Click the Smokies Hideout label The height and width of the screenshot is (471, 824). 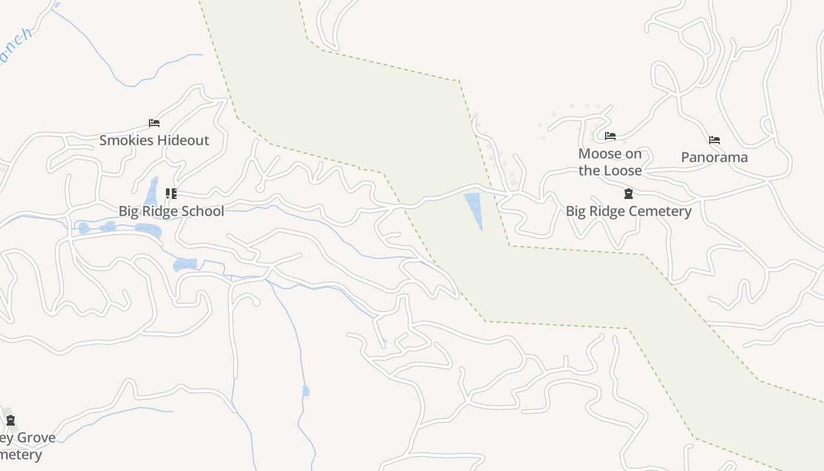154,140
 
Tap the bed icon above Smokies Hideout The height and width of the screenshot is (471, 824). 154,123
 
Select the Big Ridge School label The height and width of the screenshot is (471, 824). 171,211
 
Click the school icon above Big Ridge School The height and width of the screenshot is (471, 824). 171,194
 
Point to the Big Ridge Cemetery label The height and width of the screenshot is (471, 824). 629,211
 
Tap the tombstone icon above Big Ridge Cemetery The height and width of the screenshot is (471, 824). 629,194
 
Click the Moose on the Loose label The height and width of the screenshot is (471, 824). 610,162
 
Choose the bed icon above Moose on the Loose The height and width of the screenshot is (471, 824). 610,136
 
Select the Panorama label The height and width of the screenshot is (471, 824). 715,157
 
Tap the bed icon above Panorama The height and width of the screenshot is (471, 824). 715,140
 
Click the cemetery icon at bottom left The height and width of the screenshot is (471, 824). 11,420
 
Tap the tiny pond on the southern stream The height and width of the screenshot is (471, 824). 305,391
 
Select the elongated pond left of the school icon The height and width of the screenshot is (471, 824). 152,191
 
